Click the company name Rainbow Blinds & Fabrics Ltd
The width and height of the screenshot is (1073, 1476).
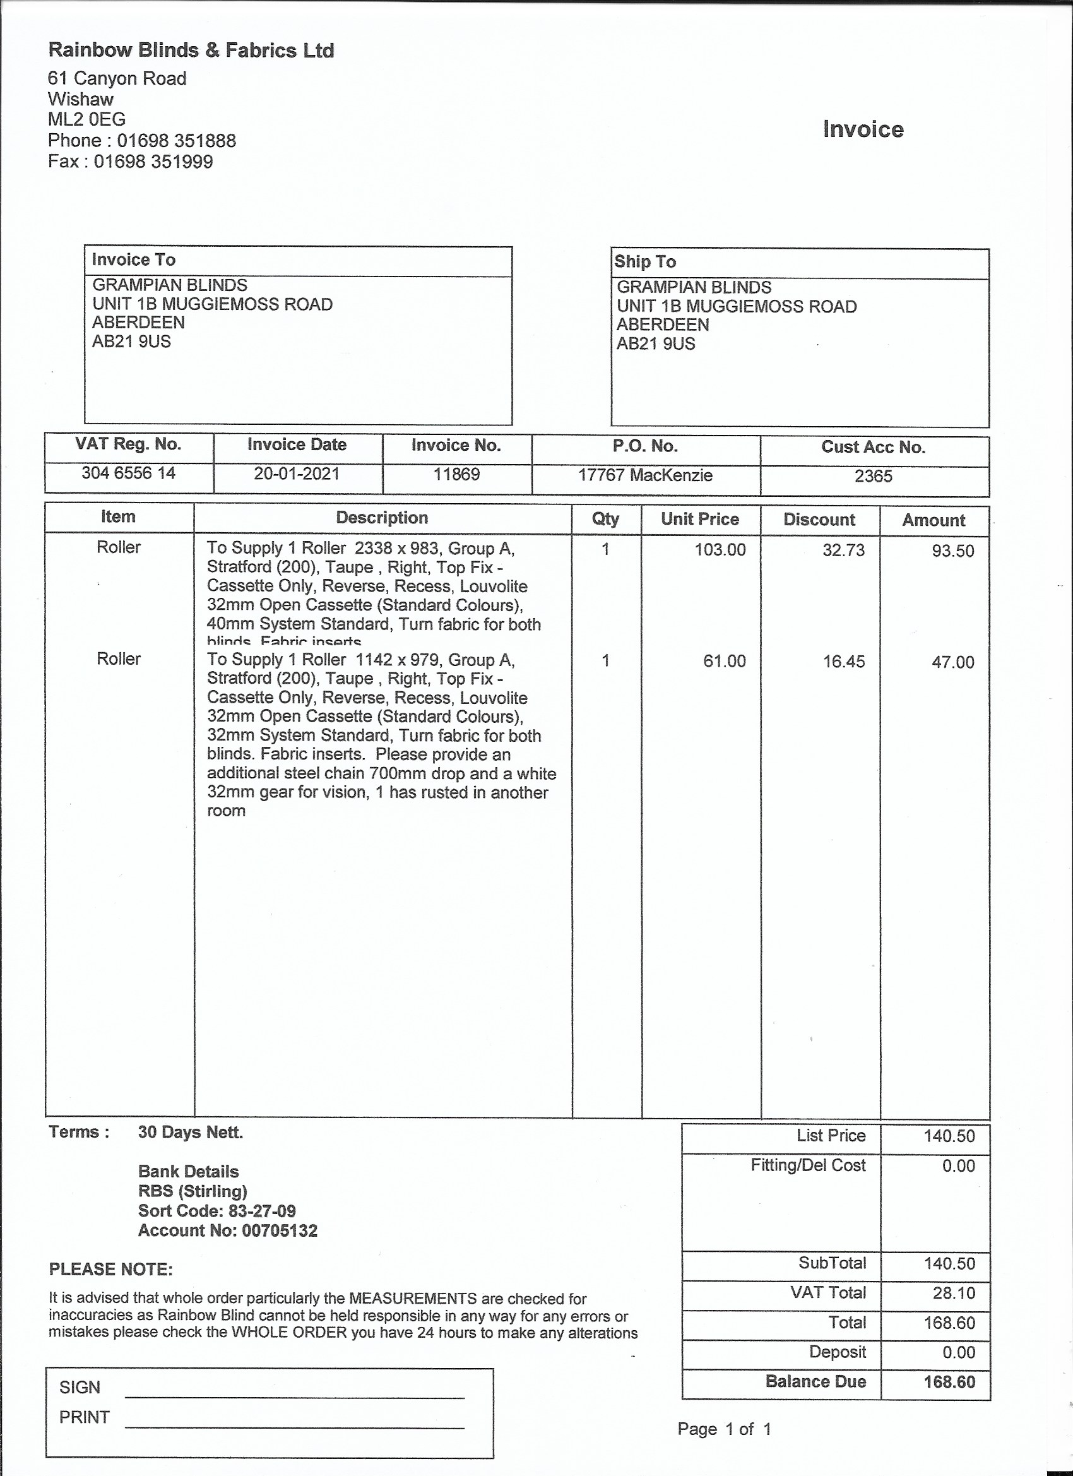coord(191,51)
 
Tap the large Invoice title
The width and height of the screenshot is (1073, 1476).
coord(863,129)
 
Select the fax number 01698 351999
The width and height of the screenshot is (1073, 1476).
coord(153,162)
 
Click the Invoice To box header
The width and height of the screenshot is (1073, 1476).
coord(134,259)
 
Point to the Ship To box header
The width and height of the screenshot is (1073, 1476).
coord(646,261)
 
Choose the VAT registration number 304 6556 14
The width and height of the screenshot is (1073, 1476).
coord(128,473)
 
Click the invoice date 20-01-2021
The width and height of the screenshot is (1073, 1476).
coord(297,473)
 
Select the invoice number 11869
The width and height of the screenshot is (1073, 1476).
coord(457,475)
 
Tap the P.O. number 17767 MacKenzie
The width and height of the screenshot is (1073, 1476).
coord(645,476)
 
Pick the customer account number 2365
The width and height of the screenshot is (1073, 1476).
coord(874,477)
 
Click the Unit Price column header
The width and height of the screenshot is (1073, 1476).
coord(700,520)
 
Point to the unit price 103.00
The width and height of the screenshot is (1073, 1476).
coord(720,550)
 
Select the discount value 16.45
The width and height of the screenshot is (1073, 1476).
coord(844,662)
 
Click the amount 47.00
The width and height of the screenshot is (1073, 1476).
coord(952,662)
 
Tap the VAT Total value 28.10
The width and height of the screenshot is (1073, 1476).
coord(954,1292)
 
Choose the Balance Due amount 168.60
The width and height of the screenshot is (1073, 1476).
coord(949,1382)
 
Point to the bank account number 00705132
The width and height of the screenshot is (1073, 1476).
coord(280,1230)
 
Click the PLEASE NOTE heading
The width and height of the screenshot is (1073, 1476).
coord(110,1269)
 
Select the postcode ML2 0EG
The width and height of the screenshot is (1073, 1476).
coord(87,119)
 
